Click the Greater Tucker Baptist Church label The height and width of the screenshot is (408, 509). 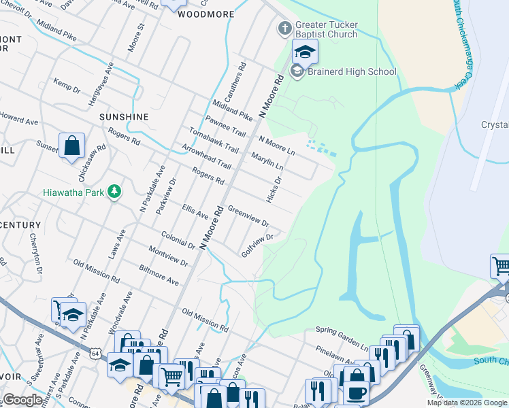[x=326, y=29]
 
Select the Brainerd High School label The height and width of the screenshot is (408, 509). [x=351, y=71]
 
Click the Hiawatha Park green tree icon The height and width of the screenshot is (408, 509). [x=116, y=192]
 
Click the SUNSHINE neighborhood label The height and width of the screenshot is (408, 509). [x=124, y=117]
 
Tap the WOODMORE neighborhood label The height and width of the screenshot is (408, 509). [x=206, y=14]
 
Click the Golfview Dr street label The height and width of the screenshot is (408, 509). [x=257, y=246]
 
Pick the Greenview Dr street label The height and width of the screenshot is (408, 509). [x=248, y=216]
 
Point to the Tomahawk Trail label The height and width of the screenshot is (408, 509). [x=214, y=140]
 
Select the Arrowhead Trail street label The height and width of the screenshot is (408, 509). [x=206, y=156]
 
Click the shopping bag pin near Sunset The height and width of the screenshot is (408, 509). [x=71, y=146]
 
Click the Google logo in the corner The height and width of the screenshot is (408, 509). [x=22, y=400]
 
